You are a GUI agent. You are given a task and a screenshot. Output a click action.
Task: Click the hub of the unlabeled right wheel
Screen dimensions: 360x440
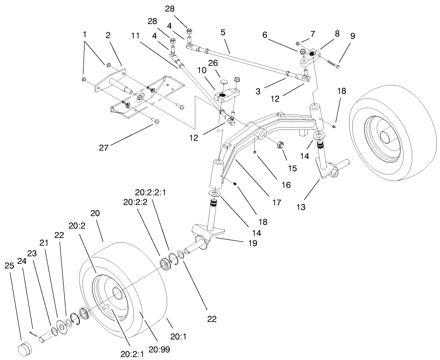(x=383, y=136)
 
